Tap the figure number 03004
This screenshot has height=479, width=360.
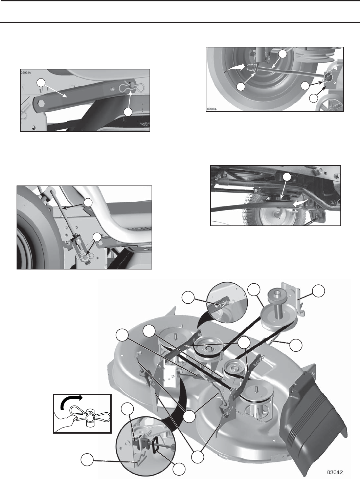(212, 109)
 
